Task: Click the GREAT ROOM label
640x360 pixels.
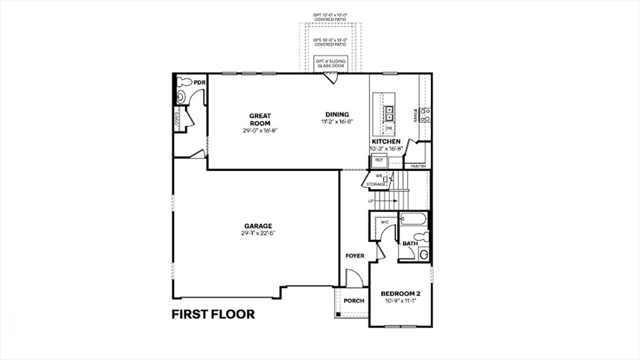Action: coord(260,119)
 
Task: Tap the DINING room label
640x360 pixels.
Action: coord(337,114)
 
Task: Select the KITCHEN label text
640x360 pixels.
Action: coord(386,141)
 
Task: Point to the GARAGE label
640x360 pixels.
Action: coord(257,226)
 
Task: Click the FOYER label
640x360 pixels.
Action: coord(355,256)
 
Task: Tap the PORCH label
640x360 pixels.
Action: coord(354,301)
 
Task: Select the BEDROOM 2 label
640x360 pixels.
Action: coord(400,293)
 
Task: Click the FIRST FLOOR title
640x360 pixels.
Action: coord(213,315)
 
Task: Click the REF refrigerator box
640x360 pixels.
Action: coord(379,161)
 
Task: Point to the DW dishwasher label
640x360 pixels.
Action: coord(388,128)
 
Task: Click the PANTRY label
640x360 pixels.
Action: coord(418,166)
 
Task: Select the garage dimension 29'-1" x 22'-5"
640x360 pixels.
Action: coord(257,233)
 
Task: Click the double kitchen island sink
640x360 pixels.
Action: coord(389,112)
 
